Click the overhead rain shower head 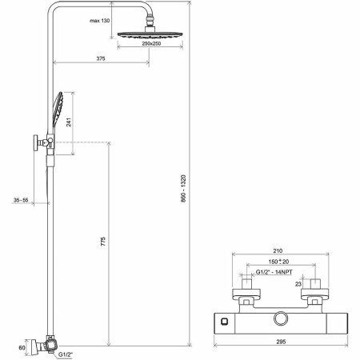coord(148,35)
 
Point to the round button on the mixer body coord(282,320)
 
